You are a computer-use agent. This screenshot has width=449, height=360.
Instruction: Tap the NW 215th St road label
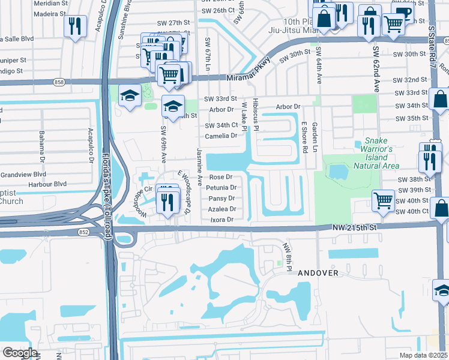pos(355,227)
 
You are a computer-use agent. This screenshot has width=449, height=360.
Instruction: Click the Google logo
pos(20,353)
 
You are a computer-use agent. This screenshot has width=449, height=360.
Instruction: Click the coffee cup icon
pos(404,13)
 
